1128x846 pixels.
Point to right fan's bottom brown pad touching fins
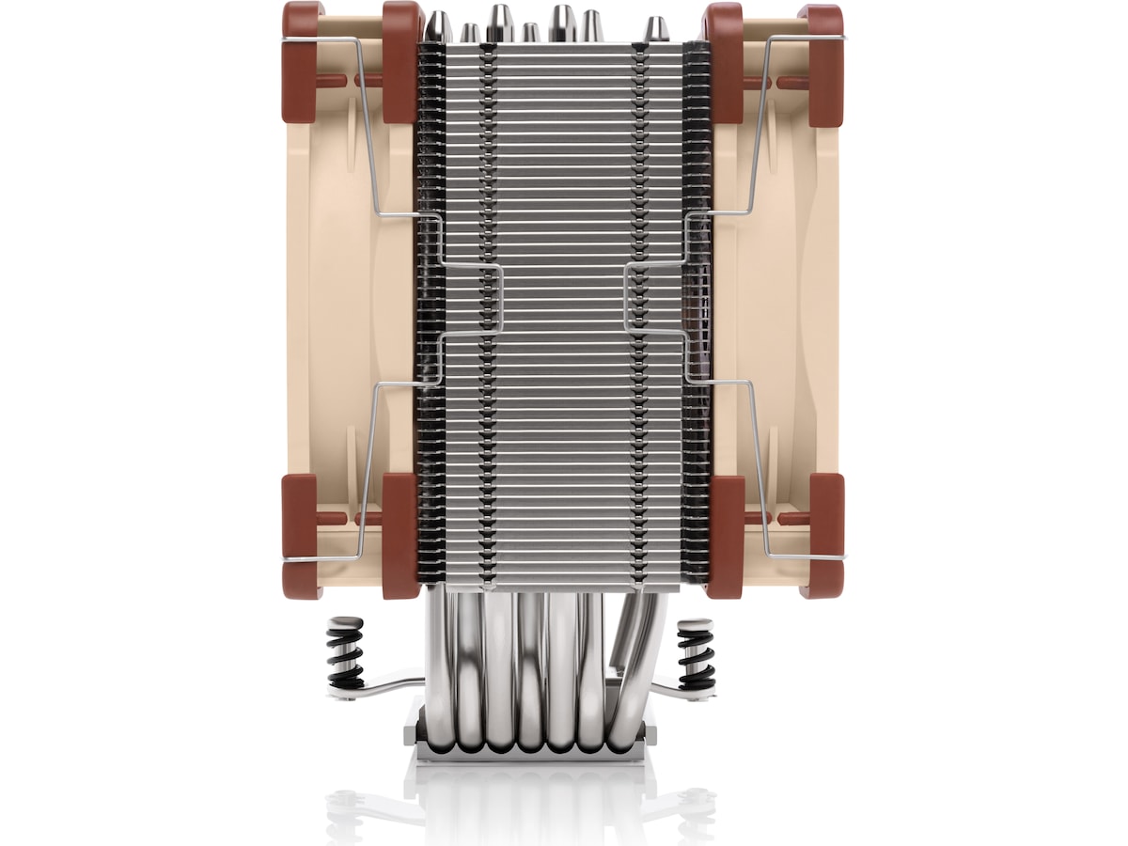tap(725, 537)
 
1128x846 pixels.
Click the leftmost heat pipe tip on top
tap(438, 26)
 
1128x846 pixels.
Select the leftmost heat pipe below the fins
tap(439, 658)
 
